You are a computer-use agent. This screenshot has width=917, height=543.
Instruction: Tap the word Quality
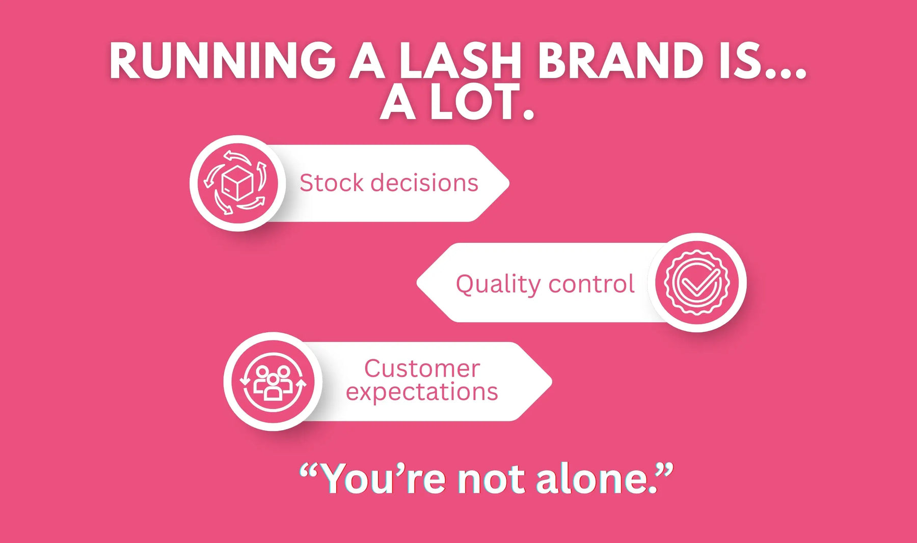coord(498,284)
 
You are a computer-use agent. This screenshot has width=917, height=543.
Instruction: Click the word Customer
coord(422,368)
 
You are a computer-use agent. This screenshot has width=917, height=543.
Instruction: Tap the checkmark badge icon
coord(697,282)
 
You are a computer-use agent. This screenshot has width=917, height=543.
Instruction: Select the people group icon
coord(273,382)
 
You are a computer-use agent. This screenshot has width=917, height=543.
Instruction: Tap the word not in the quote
coord(491,479)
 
